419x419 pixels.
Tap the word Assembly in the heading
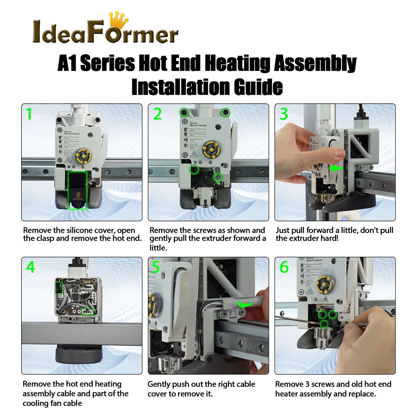[315, 63]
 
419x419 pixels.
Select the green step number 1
[29, 114]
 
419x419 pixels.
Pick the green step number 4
[30, 267]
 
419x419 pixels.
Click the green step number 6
[284, 267]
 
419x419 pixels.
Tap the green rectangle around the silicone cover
[78, 190]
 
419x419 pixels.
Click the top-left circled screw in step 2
[184, 113]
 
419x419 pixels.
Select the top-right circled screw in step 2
[225, 113]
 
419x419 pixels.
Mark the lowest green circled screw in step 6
[324, 324]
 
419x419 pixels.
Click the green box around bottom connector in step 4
[87, 312]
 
